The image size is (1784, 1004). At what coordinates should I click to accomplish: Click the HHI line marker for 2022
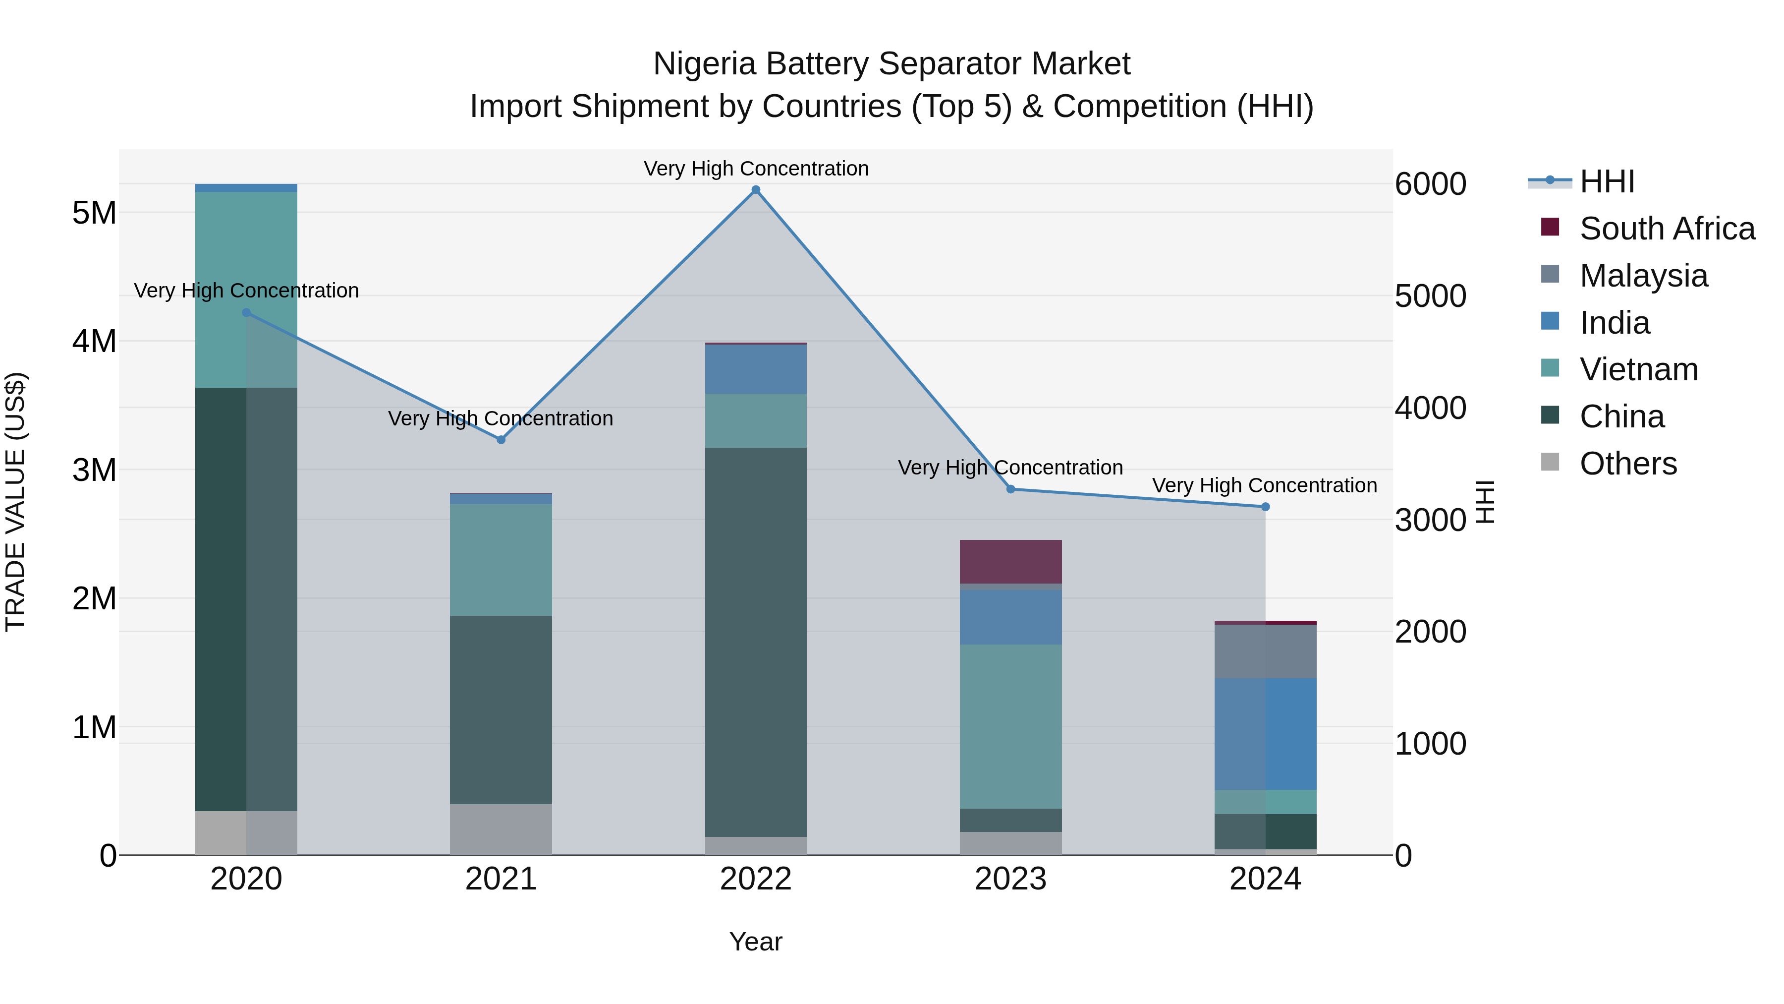point(756,190)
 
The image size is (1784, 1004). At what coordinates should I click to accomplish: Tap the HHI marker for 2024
point(1265,507)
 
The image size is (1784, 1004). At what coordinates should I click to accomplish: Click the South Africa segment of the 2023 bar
point(1010,561)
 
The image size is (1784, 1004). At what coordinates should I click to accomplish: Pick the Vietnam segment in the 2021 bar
point(501,559)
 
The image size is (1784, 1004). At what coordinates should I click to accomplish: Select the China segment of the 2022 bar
point(756,642)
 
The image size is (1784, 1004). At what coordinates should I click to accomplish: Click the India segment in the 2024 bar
point(1265,734)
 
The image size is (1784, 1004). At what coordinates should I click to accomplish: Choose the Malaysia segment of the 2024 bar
point(1265,651)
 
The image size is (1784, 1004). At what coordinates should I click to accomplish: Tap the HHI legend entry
point(1607,181)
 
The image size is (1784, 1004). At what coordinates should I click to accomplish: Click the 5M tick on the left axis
point(94,213)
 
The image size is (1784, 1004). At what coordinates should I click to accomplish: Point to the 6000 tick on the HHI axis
point(1430,184)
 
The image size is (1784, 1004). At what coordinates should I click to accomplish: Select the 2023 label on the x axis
point(1010,879)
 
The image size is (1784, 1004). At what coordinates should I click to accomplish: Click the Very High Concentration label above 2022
point(756,169)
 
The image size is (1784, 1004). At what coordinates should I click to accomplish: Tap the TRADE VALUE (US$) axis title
point(16,502)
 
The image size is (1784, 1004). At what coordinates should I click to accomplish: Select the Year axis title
point(756,942)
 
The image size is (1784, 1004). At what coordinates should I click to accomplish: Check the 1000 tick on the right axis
point(1430,744)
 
